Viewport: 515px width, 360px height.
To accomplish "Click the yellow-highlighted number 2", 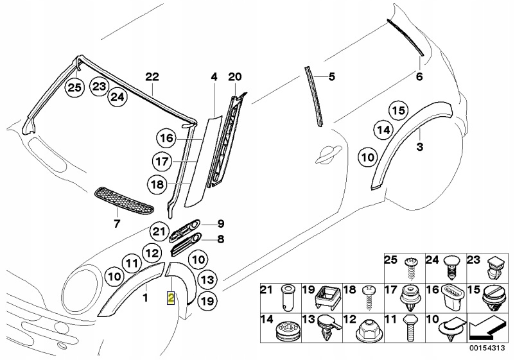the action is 171,298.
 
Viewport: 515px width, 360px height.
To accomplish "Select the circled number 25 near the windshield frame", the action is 74,88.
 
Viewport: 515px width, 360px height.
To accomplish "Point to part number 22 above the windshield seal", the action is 152,77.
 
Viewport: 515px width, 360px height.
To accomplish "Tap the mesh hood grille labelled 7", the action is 124,201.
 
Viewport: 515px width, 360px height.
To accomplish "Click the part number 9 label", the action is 221,224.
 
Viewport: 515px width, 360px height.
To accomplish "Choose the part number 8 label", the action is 221,239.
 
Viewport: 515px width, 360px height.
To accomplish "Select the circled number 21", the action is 159,232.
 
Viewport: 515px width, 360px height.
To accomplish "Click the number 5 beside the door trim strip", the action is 332,77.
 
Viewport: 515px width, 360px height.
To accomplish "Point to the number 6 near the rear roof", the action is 419,77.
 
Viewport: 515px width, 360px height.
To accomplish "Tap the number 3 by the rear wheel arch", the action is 420,147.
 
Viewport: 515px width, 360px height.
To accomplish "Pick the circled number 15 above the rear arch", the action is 399,110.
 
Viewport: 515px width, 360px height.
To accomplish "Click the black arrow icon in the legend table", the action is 487,330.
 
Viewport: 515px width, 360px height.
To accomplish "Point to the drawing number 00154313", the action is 487,348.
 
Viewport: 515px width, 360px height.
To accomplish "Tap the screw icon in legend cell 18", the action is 369,298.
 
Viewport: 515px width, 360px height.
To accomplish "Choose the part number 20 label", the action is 235,77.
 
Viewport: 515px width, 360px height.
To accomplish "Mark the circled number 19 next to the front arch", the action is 207,300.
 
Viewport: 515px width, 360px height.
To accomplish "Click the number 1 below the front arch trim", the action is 145,298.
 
